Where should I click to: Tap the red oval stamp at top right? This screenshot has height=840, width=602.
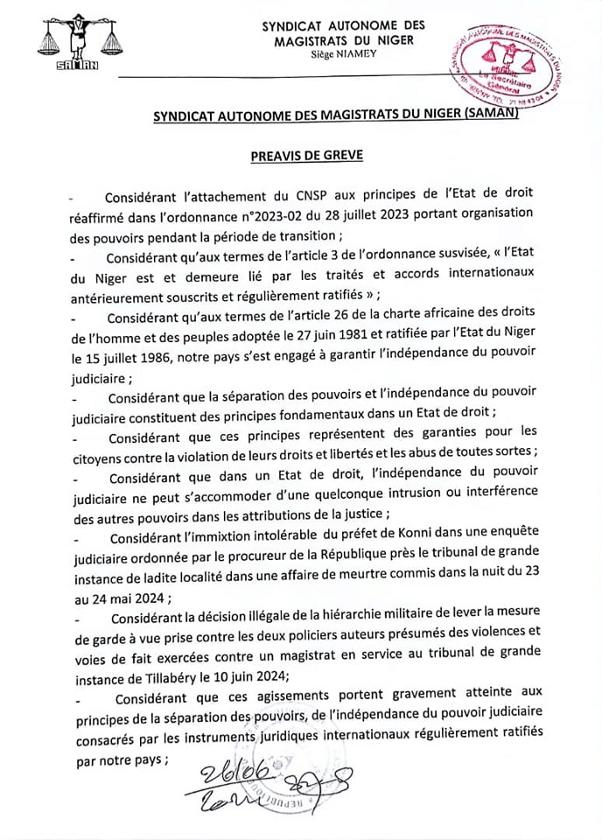point(506,64)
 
